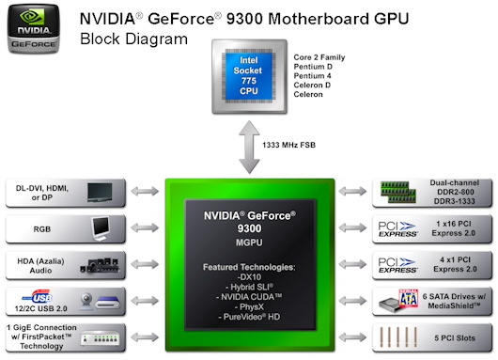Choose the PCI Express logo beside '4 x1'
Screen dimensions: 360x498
pyautogui.click(x=397, y=264)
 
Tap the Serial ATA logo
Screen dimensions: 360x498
pyautogui.click(x=397, y=300)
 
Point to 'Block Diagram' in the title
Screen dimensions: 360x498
pyautogui.click(x=133, y=39)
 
